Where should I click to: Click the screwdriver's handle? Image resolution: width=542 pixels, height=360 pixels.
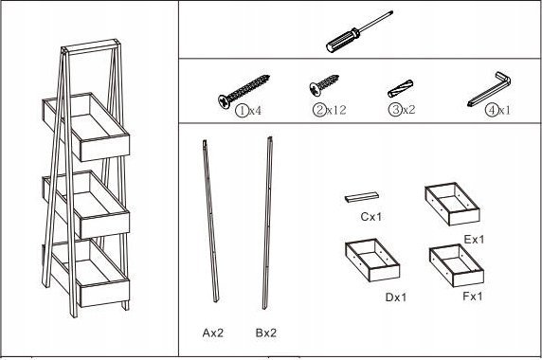click(x=343, y=41)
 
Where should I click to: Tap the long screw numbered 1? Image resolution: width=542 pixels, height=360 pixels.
click(x=244, y=92)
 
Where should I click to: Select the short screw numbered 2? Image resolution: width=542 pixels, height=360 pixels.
click(x=324, y=84)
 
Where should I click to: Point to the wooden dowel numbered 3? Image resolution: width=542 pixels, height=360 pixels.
click(x=400, y=88)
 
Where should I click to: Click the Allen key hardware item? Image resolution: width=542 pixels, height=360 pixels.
click(x=489, y=89)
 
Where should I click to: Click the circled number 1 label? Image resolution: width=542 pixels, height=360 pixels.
click(x=242, y=111)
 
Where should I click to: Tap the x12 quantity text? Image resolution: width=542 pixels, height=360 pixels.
click(x=336, y=110)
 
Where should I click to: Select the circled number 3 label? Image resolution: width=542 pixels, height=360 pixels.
click(x=395, y=110)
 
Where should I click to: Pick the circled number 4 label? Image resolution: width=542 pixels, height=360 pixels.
click(x=491, y=110)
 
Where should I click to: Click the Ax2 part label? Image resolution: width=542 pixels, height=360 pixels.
click(x=213, y=333)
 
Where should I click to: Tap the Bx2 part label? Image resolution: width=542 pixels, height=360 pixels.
click(x=266, y=333)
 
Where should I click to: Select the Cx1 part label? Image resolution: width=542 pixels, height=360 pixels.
click(x=370, y=217)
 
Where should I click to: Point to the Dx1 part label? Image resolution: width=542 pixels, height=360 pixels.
click(x=396, y=297)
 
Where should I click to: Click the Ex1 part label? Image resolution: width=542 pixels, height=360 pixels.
click(x=474, y=239)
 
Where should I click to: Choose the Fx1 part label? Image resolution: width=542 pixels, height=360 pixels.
click(x=473, y=297)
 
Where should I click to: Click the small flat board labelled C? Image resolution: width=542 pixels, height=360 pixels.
click(x=362, y=197)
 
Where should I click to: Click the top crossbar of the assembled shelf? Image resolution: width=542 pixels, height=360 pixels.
click(x=91, y=47)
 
